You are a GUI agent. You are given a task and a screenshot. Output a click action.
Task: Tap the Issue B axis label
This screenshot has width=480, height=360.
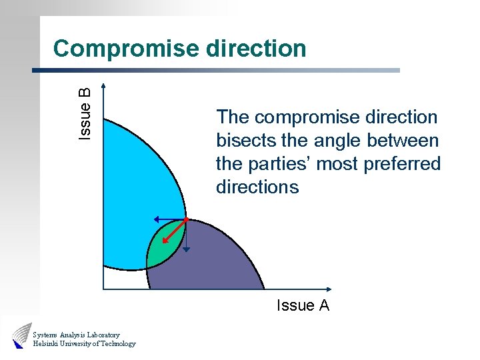coord(85,113)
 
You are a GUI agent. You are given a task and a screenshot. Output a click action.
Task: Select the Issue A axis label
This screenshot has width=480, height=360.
coord(303,306)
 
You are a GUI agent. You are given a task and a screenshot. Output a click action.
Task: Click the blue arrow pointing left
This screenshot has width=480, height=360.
coord(167,218)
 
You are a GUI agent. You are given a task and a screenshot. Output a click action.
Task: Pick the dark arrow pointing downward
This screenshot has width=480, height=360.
coord(186,237)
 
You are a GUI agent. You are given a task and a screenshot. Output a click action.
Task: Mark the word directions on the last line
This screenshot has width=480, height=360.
coord(257,187)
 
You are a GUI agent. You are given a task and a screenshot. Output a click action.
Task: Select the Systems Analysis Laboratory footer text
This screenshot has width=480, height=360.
coord(76,335)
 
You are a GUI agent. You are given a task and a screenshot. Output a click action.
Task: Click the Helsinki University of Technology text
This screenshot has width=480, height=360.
coord(84,344)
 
